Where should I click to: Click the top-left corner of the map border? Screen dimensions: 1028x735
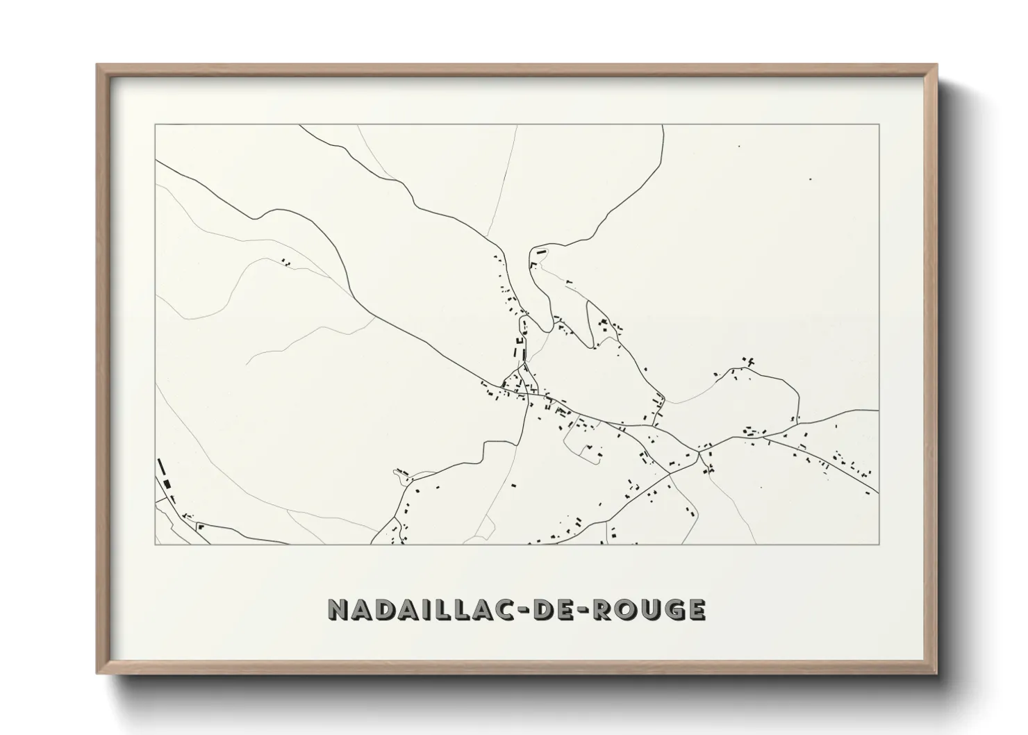156,125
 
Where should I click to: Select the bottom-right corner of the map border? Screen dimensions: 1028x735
879,544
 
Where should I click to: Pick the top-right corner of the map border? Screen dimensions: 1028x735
879,125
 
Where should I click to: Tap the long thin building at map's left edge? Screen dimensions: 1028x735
161,466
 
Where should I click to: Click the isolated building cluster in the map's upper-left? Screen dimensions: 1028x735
285,262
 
